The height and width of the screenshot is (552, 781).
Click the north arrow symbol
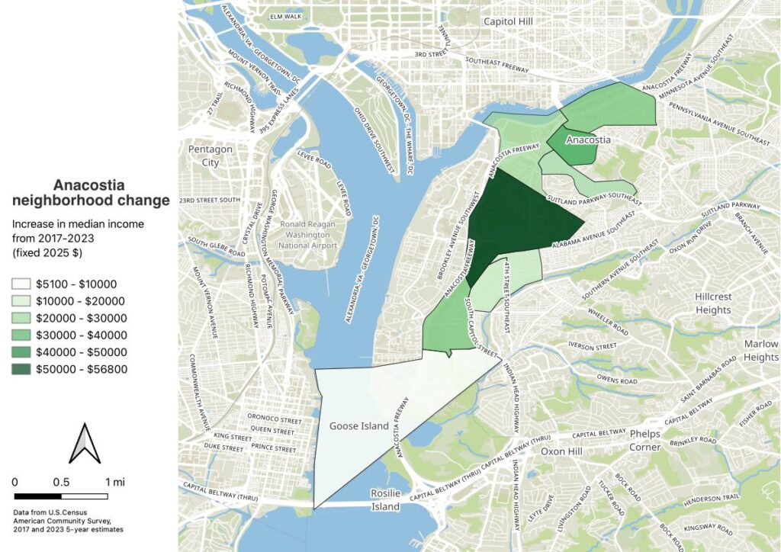point(85,444)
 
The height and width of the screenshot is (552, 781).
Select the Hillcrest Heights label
point(713,303)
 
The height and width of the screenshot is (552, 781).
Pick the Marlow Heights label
point(760,350)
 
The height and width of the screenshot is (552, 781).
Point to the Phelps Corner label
point(644,440)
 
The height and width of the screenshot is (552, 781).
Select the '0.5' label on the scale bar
point(62,482)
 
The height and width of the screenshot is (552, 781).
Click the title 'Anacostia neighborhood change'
point(90,194)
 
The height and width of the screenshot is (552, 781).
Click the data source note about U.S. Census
point(69,521)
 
